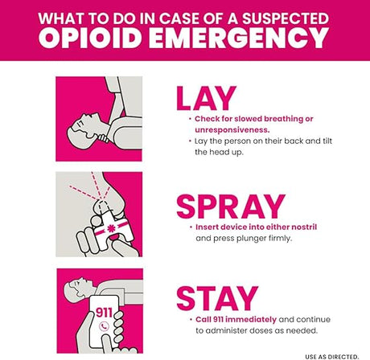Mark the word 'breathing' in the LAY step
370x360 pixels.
click(289, 118)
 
